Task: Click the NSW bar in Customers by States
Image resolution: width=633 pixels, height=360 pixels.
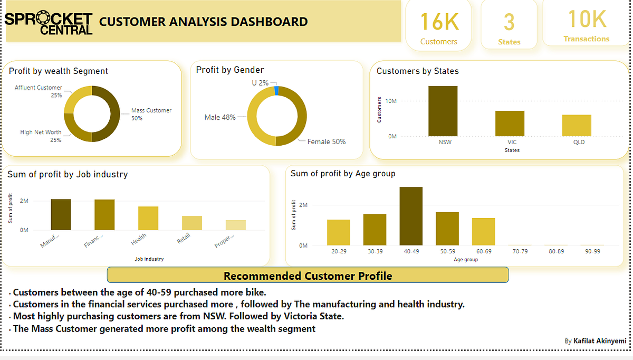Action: (443, 111)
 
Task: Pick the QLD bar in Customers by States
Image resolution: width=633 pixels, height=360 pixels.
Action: (577, 125)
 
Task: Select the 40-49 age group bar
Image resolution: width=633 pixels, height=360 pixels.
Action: (411, 216)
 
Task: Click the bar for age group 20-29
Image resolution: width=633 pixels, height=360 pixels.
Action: (339, 232)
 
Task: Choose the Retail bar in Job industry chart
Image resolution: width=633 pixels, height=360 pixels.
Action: (192, 223)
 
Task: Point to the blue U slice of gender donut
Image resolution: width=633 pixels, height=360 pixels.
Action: (276, 90)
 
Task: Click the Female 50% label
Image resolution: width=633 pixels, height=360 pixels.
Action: (327, 141)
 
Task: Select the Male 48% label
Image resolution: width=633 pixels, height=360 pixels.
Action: (220, 117)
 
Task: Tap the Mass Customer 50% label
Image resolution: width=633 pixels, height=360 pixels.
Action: (151, 114)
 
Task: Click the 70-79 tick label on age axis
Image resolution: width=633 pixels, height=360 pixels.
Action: (520, 251)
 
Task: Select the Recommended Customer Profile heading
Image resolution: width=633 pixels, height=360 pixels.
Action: (308, 276)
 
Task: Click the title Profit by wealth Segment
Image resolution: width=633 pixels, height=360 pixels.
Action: (59, 71)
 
